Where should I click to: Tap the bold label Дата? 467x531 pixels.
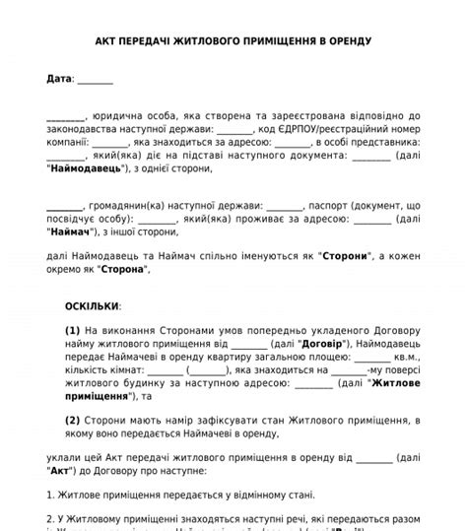tap(58, 78)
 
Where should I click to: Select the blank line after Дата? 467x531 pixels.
tap(95, 79)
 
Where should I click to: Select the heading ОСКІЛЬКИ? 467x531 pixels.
tap(93, 306)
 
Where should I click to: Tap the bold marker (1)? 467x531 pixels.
tap(73, 331)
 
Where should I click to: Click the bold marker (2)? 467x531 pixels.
tap(73, 420)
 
